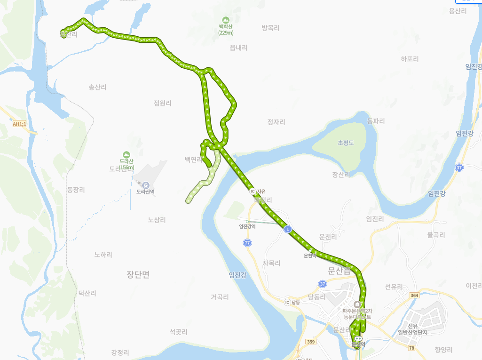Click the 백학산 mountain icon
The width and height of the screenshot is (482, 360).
pos(225,21)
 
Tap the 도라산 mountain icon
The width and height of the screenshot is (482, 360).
pos(126,155)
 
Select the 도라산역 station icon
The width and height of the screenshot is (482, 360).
pos(145,185)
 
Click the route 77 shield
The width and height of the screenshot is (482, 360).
pos(247,242)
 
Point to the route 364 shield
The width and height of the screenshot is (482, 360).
pos(414,295)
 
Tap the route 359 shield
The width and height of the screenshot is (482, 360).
pos(310,342)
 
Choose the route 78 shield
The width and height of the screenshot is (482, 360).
pos(411,348)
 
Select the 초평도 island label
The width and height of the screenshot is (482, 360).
pos(346,143)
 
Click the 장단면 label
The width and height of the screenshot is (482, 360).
pos(138,274)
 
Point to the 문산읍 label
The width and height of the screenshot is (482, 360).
pos(340,271)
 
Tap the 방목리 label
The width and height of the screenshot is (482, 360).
pos(270,28)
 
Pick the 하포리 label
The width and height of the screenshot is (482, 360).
pos(410,59)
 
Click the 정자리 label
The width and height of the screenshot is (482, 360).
pos(276,122)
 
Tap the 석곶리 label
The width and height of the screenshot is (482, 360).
pos(178,332)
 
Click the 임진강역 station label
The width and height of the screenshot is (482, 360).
pos(247,226)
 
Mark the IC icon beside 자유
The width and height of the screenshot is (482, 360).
pos(253,192)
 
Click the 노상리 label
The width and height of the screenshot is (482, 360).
pos(157,220)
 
